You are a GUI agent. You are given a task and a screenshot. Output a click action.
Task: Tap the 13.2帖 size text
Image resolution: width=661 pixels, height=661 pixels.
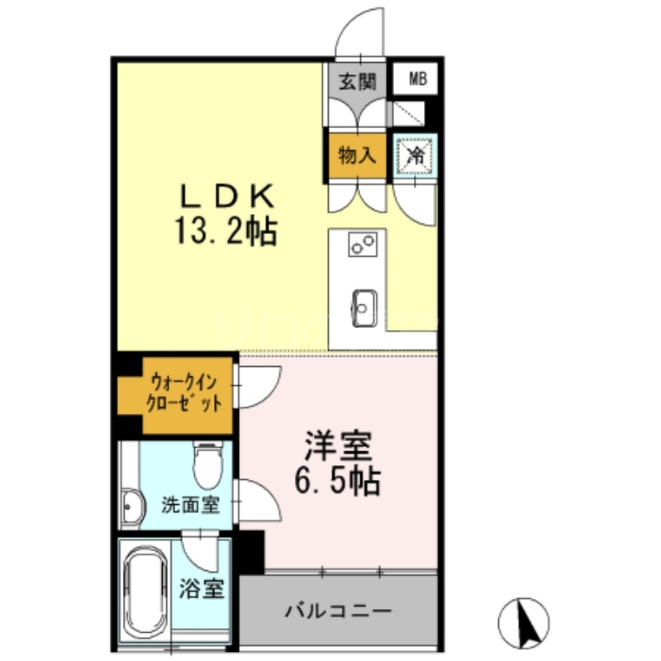[225, 231]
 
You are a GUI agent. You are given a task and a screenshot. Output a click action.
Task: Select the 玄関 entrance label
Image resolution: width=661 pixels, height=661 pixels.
[357, 81]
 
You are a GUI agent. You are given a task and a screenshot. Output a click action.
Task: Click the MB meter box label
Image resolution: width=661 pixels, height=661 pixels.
[417, 81]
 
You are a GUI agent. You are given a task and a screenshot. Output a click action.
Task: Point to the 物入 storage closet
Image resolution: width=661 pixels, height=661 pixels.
[357, 154]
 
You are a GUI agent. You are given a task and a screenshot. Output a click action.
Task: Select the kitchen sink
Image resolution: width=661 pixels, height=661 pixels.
[364, 306]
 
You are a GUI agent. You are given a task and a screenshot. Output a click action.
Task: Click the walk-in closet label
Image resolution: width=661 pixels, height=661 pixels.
[185, 393]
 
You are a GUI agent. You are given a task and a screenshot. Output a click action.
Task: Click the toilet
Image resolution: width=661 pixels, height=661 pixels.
[207, 466]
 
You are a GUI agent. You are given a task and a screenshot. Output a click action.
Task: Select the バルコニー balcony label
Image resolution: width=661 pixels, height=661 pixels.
[337, 612]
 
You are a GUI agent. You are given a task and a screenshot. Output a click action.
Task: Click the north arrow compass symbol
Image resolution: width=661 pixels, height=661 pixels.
[524, 621]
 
